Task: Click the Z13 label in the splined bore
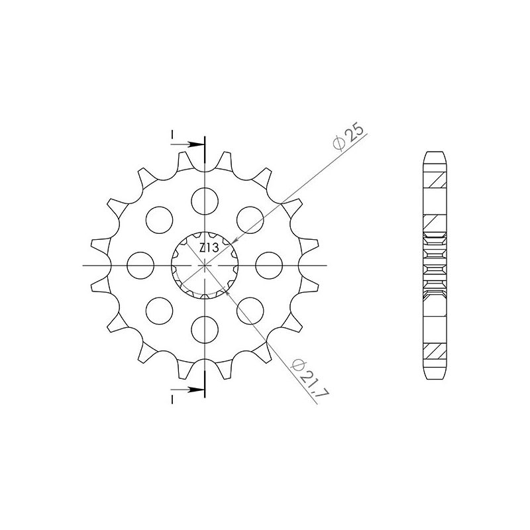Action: point(207,248)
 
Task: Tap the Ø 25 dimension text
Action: point(348,137)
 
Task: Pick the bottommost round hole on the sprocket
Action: point(205,329)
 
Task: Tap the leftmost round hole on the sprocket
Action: point(140,265)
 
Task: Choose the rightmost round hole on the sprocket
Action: point(270,265)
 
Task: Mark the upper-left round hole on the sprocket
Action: point(160,219)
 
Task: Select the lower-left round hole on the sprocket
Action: point(160,311)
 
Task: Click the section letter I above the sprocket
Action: point(172,136)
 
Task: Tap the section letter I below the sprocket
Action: point(172,398)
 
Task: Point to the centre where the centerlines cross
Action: point(205,265)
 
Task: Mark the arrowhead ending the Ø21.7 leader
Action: point(227,289)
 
